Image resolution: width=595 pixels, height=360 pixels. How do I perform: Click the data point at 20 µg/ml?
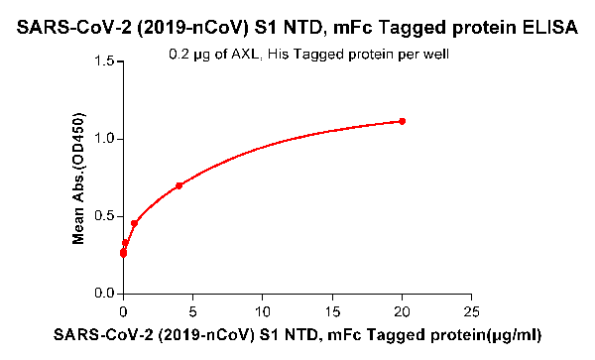tap(402, 121)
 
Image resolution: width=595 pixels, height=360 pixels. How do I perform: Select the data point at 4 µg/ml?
tap(178, 185)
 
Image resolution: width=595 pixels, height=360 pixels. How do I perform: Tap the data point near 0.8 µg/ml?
tap(134, 224)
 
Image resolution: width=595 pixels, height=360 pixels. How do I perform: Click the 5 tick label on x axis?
tap(192, 309)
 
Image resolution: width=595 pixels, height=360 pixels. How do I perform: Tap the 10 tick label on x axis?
tap(262, 309)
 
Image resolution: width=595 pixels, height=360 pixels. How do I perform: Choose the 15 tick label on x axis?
tap(332, 309)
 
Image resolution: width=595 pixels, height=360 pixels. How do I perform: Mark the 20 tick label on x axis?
tap(402, 309)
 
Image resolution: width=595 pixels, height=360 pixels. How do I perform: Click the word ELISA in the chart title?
tap(548, 31)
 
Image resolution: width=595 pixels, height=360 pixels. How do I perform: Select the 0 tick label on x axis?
tap(123, 309)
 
